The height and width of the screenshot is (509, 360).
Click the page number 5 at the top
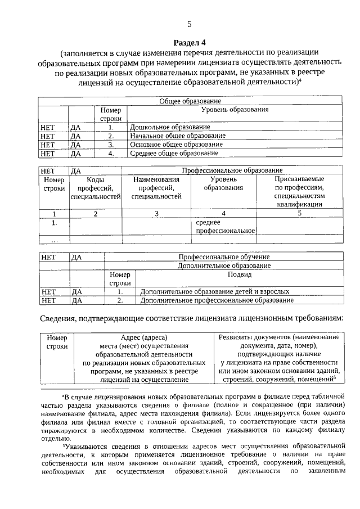189,24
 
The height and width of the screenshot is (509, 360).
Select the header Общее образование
190,101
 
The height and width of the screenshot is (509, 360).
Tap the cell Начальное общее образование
177,136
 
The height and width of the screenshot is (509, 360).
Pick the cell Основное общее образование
176,144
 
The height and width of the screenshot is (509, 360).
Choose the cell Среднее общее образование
174,152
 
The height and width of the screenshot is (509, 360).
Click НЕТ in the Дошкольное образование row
48,127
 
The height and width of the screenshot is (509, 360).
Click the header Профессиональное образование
232,170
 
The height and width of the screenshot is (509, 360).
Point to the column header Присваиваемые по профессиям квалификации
299,191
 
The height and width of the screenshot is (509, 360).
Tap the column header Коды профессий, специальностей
95,188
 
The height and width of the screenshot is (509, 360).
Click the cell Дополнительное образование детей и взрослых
215,292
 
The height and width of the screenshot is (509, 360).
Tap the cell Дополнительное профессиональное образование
217,300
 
